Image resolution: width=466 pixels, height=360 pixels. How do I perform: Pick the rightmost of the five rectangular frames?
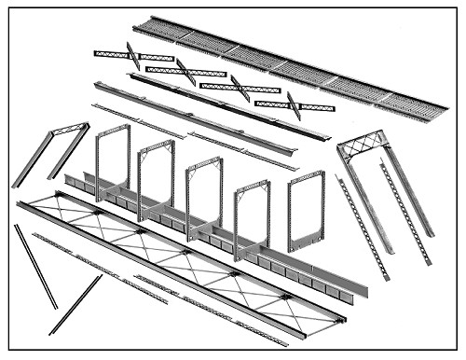[x=306, y=211]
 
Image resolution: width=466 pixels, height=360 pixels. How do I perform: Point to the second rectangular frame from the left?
[x=156, y=173]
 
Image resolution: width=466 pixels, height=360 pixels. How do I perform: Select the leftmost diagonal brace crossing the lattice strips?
[x=133, y=57]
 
